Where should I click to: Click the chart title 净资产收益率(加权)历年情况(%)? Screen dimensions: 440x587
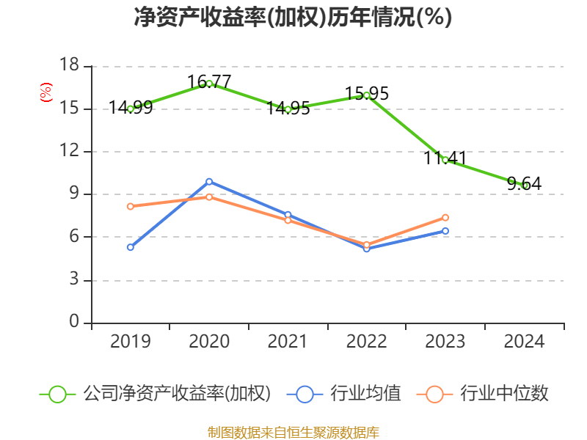click(x=293, y=18)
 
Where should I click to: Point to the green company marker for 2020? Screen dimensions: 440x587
click(x=209, y=84)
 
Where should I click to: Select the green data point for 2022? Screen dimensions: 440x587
click(x=366, y=95)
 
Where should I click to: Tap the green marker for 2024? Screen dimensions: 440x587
click(x=525, y=186)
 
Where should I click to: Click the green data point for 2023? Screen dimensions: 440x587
click(x=445, y=160)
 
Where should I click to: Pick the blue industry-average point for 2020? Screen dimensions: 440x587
click(x=209, y=181)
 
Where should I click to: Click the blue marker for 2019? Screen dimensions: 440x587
click(x=130, y=247)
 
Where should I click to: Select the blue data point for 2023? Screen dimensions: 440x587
click(x=445, y=231)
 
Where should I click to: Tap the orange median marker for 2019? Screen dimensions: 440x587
click(x=130, y=207)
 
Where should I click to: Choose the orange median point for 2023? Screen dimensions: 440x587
click(x=445, y=218)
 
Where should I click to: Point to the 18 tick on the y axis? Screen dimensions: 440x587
click(x=69, y=66)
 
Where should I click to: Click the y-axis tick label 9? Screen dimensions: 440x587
click(x=74, y=194)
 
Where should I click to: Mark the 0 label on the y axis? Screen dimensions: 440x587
click(x=74, y=323)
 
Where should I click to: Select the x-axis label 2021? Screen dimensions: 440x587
click(x=288, y=342)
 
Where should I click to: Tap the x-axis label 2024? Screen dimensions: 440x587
click(x=525, y=342)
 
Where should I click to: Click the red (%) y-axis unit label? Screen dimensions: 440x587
click(x=46, y=92)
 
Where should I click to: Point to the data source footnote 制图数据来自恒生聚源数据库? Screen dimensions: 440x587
click(x=293, y=432)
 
